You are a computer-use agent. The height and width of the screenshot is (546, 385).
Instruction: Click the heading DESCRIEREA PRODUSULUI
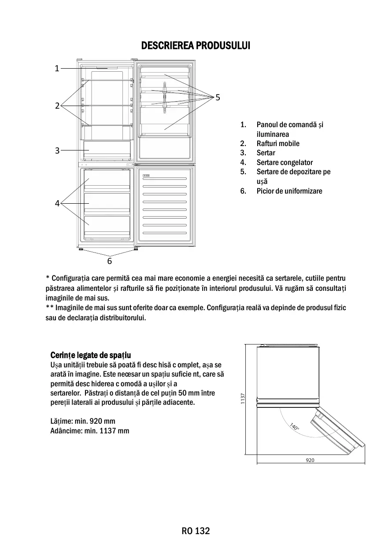tap(195, 46)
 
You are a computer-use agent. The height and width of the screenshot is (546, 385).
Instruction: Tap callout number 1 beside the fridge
tap(57, 68)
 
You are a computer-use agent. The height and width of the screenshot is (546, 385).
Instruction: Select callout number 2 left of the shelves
tap(57, 106)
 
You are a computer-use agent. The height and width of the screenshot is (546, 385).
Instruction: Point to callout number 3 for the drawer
tap(57, 150)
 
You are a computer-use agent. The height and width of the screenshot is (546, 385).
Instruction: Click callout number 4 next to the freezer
tap(57, 203)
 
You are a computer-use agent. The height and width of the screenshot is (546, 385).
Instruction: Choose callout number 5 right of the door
tap(218, 97)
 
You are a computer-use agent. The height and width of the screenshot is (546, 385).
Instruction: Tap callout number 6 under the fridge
tap(110, 261)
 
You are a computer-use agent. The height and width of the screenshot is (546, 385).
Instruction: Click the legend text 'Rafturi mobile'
tap(278, 143)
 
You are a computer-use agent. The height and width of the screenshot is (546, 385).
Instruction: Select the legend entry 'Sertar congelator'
tap(285, 162)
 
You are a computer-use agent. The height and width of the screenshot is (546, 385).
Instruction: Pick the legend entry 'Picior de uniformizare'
tap(289, 191)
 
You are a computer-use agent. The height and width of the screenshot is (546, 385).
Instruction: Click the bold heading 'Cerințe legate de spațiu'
tap(91, 355)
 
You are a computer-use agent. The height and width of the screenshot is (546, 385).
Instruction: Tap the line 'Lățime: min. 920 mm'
tap(83, 421)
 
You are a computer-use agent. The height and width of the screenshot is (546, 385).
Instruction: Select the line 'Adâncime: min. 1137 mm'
tap(90, 431)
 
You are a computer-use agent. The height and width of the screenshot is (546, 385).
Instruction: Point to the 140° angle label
tap(294, 427)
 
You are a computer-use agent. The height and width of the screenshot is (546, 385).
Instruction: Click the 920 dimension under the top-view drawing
tap(310, 460)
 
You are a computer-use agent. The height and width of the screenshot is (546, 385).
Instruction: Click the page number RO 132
tap(196, 531)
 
